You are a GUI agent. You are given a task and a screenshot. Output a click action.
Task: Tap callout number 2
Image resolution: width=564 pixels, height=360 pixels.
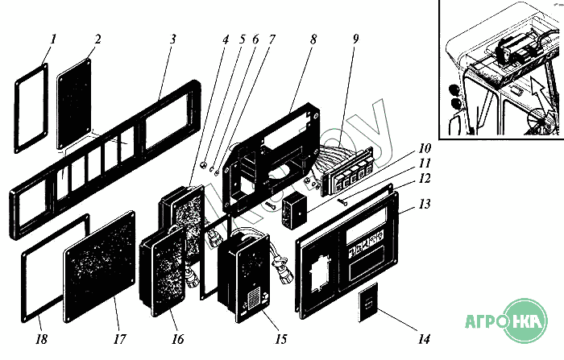point(97,39)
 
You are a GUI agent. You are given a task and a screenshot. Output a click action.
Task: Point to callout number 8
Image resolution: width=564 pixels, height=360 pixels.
point(313,39)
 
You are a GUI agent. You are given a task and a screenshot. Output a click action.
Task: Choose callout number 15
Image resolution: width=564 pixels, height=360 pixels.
point(281,338)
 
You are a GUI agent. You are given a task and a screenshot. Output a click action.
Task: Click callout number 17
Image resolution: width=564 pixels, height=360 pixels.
point(119,339)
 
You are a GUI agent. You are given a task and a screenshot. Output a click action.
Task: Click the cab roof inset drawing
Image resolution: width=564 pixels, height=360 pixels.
point(500,68)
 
